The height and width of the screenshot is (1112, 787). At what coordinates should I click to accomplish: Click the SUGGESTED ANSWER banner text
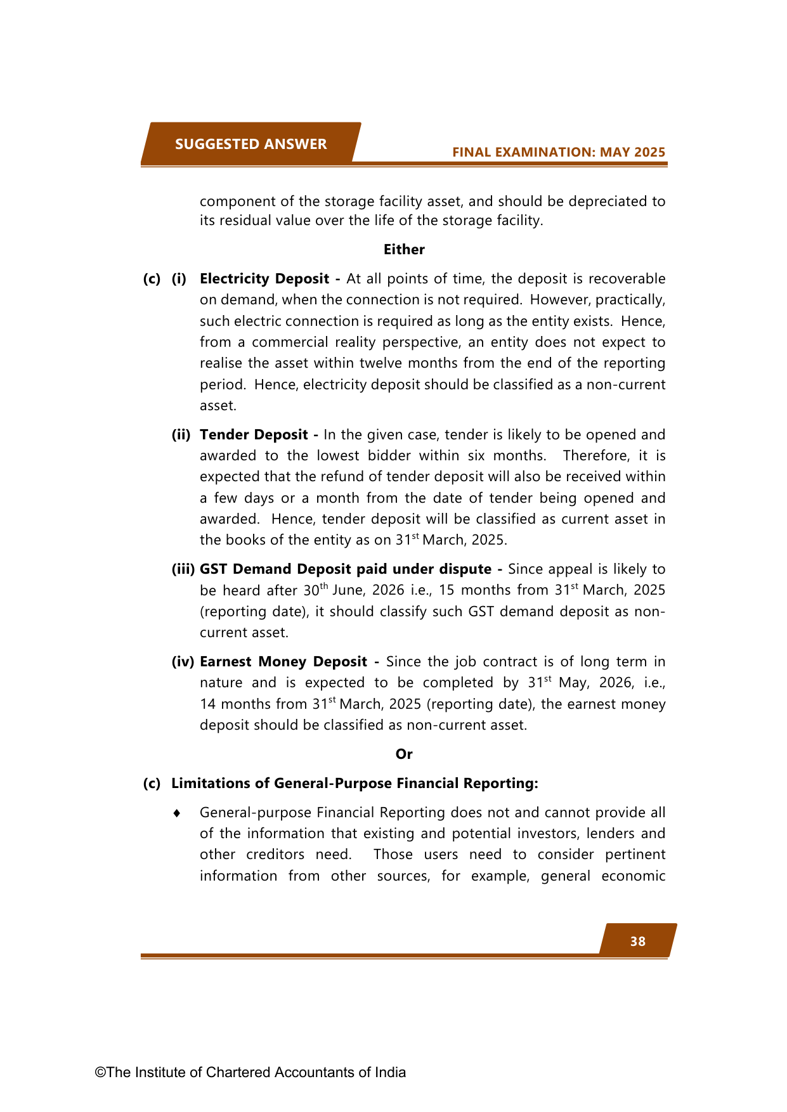[250, 145]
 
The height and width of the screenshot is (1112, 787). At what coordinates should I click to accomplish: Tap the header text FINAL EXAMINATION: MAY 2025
[558, 152]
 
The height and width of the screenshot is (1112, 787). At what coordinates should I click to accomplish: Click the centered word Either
[404, 250]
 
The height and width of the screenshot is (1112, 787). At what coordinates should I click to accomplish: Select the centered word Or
[404, 754]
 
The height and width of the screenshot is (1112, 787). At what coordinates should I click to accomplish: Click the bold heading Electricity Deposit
[264, 279]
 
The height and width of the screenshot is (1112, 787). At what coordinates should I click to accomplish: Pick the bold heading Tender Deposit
[254, 435]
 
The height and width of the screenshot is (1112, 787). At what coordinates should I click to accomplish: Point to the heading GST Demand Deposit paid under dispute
[346, 569]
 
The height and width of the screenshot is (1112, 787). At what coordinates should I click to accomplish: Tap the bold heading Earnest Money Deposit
[283, 662]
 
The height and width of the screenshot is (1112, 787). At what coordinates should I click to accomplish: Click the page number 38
[637, 941]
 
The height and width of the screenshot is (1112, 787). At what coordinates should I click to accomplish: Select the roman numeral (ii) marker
[181, 435]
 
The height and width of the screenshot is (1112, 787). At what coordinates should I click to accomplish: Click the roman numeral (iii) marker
[183, 569]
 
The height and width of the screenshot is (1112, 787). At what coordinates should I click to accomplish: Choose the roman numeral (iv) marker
[183, 662]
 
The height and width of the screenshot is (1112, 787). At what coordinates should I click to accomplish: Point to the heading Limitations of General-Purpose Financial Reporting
[354, 784]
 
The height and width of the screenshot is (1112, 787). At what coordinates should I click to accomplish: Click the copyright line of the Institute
[250, 1072]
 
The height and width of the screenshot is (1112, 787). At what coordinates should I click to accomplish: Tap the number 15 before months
[446, 590]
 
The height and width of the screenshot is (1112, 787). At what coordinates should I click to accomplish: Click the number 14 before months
[208, 704]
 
